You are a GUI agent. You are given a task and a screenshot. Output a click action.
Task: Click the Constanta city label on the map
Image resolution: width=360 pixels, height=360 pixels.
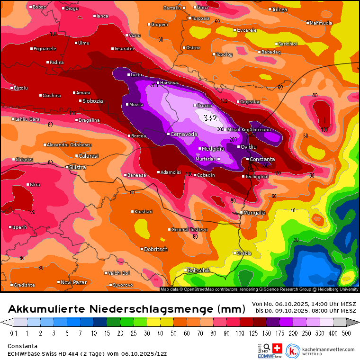point(262,159)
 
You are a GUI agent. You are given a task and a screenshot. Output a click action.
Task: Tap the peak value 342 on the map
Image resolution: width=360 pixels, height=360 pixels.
point(210,118)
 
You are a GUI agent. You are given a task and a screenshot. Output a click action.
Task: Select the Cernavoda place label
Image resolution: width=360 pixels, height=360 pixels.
point(184,134)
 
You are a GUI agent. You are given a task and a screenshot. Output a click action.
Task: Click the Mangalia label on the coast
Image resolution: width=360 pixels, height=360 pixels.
point(254,213)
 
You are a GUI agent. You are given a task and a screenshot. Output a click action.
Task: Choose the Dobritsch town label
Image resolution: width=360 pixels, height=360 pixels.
point(155,249)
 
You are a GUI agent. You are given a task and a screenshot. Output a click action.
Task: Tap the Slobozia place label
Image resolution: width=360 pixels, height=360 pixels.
point(92,101)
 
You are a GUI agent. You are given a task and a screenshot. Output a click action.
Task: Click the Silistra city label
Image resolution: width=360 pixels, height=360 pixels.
point(78,167)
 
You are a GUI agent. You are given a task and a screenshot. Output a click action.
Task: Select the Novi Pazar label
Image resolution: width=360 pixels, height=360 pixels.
point(73,282)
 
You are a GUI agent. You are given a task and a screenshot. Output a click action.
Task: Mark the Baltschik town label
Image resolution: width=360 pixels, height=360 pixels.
point(198,270)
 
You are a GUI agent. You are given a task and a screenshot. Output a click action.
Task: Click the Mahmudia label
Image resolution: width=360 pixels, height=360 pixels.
point(321,23)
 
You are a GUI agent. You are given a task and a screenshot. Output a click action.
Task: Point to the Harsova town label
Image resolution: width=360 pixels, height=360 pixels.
point(169,83)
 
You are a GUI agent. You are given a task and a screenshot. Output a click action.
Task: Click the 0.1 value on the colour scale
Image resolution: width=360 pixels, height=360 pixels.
point(14,333)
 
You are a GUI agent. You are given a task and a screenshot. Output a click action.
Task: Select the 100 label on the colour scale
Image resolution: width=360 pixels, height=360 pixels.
point(243,333)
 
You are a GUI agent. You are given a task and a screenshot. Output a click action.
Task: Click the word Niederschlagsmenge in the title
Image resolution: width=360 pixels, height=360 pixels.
point(159,309)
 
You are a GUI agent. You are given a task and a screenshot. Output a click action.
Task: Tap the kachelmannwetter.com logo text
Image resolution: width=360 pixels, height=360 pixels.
point(328,350)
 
